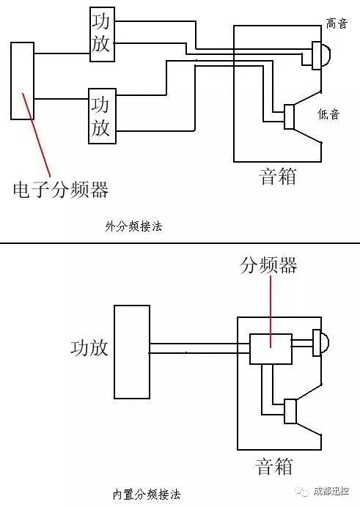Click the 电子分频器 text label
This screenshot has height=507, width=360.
tap(60, 190)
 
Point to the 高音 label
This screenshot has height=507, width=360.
tap(337, 23)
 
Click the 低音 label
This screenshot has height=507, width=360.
tap(328, 114)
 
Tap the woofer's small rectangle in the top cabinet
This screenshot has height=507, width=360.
tap(289, 116)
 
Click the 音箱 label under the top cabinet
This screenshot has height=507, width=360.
tap(278, 177)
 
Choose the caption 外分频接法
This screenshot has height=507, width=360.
tap(133, 226)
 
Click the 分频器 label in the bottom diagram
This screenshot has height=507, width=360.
tap(268, 265)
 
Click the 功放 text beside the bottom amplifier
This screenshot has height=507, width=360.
tap(89, 348)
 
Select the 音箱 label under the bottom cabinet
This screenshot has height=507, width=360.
tap(274, 466)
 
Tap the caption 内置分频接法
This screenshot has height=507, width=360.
tap(147, 495)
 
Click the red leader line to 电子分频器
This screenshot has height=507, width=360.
tap(36, 135)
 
